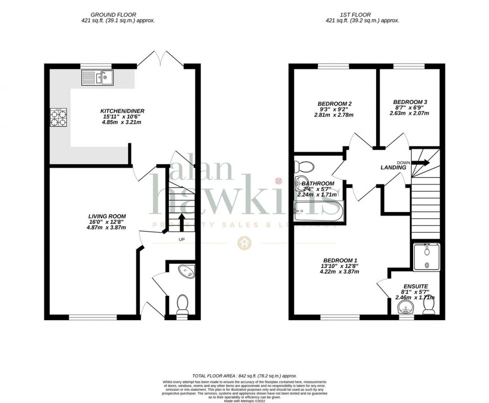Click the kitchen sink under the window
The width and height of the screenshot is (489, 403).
coord(98,77)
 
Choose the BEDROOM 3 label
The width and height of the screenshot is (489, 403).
coord(410,101)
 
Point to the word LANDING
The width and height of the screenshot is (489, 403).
coord(393,168)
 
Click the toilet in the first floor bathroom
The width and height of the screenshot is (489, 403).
coord(305,166)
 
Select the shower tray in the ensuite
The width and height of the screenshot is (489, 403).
coord(427,257)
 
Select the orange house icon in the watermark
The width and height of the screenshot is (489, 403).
coord(244,243)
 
